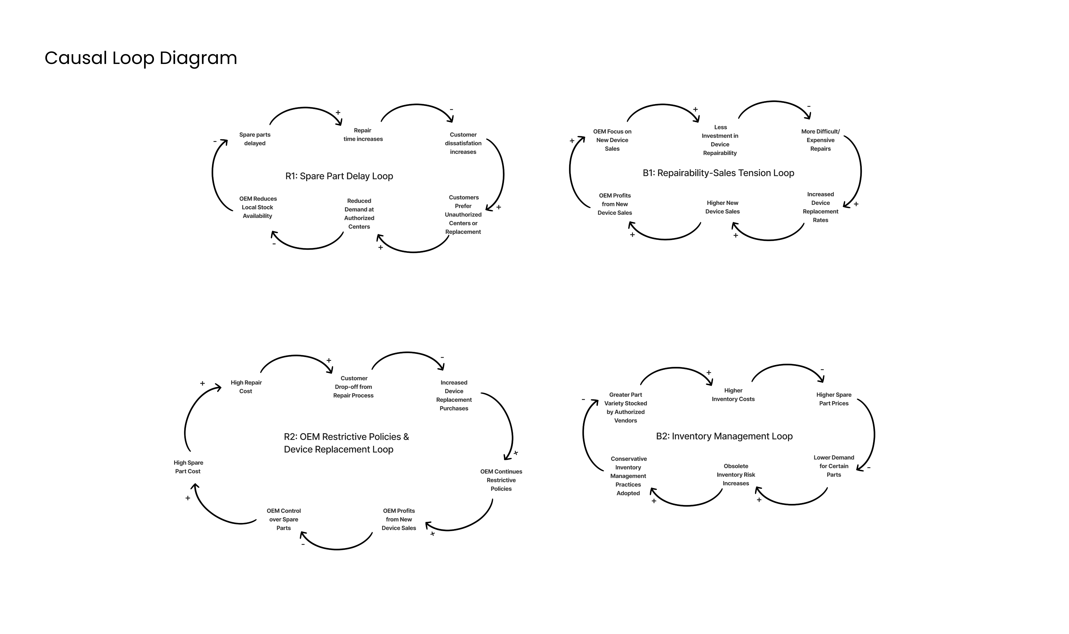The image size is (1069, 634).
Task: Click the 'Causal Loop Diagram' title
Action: (141, 58)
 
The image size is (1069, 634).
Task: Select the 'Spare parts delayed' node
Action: (255, 139)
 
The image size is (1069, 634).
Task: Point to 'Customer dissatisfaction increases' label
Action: (463, 143)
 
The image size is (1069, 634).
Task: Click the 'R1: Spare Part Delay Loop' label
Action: (339, 176)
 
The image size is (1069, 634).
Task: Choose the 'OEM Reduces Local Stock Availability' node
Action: (258, 207)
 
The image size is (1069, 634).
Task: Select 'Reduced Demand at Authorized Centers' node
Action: (359, 214)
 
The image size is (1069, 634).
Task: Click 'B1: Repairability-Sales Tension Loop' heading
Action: (718, 173)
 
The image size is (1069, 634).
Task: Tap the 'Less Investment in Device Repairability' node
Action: (720, 140)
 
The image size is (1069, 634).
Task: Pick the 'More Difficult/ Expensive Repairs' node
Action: (820, 140)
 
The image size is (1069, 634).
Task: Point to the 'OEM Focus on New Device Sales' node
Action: (612, 140)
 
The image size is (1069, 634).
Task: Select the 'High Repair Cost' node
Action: (246, 387)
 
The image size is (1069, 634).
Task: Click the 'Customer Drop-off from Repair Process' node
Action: (354, 387)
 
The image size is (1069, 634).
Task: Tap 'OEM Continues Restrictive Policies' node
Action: (501, 480)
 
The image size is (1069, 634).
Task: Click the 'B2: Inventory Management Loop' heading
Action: (724, 436)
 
